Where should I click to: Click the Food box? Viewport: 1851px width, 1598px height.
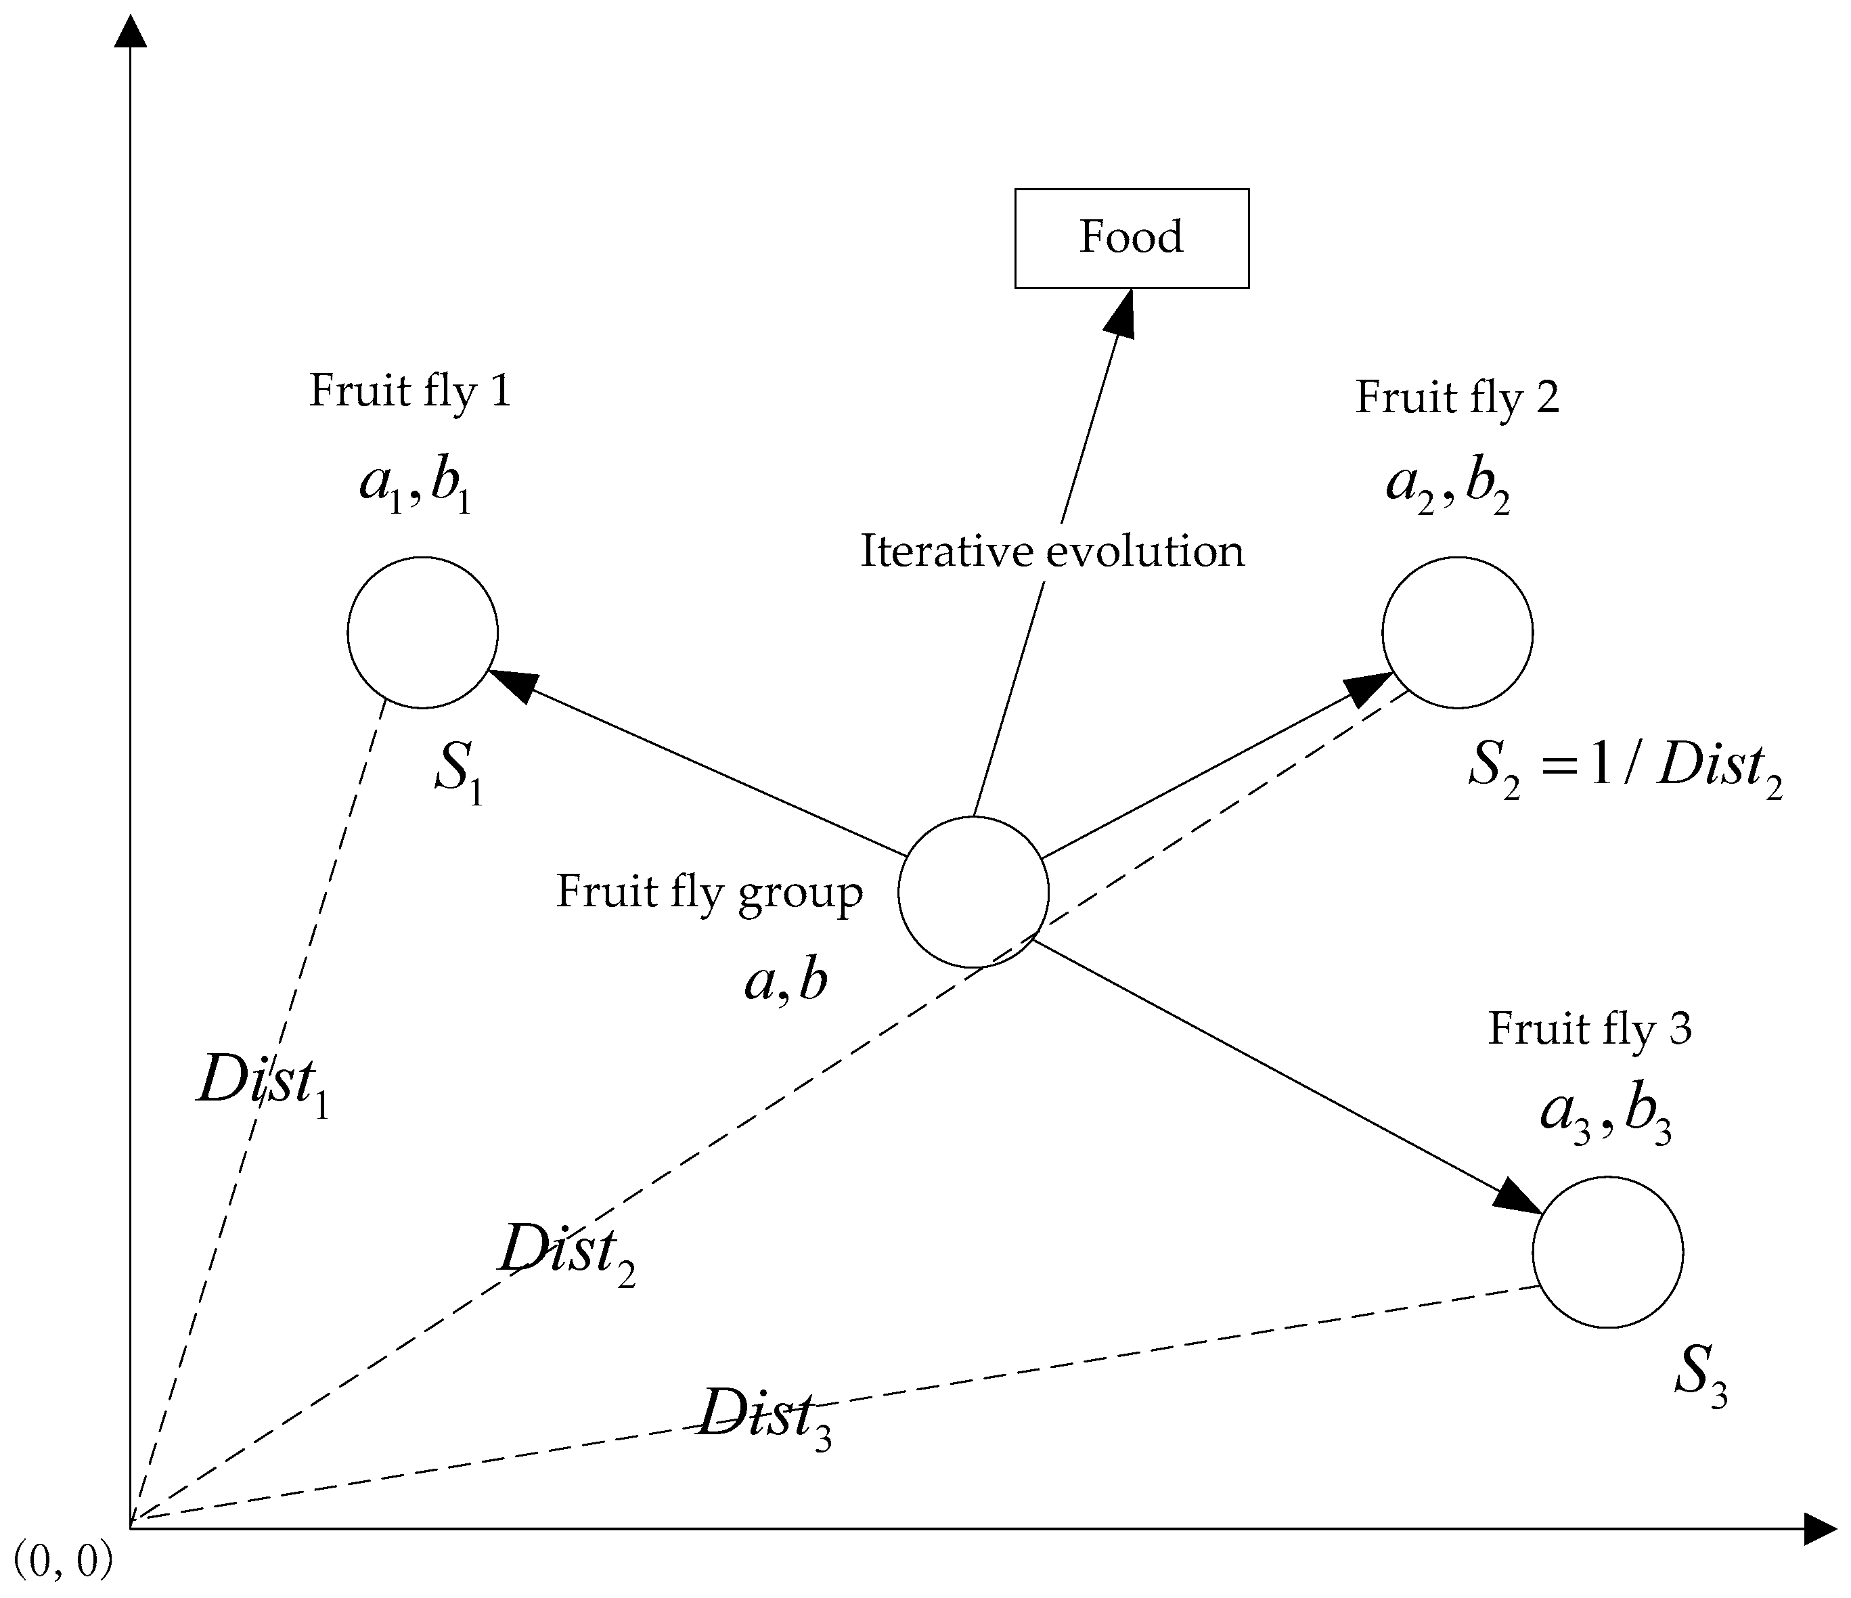1131,238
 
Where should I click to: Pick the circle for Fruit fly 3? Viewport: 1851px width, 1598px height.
1607,1252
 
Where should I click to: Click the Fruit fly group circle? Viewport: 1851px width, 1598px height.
973,891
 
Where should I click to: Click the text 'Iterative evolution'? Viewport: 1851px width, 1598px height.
1052,551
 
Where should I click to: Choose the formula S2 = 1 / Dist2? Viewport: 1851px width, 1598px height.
1625,769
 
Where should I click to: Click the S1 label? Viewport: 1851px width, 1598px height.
458,774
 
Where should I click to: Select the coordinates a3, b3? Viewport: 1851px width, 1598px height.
1605,1117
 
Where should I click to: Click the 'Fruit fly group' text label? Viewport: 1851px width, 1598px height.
709,892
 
